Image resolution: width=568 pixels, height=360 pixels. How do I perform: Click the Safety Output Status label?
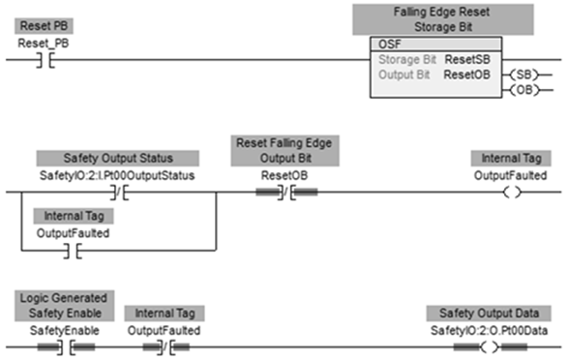pos(118,159)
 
